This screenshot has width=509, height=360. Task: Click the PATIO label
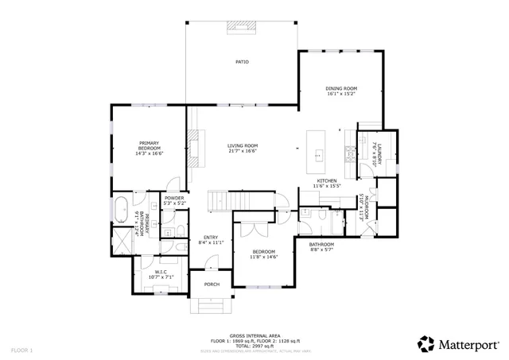pos(242,62)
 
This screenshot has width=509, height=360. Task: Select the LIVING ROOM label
pos(243,145)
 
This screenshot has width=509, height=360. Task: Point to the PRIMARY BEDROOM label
pos(150,145)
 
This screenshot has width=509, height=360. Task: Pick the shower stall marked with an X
pos(123,240)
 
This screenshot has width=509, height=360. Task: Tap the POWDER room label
pos(174,198)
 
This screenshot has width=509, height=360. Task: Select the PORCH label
pos(212,284)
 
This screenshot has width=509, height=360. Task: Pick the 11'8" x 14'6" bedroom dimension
pos(263,257)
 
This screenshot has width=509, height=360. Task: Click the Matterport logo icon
pos(426,344)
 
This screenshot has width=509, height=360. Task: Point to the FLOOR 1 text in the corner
pos(21,350)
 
